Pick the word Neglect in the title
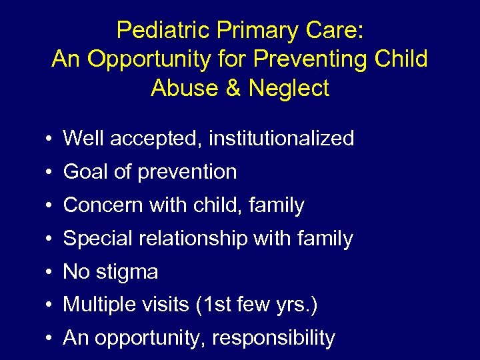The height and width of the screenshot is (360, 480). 288,88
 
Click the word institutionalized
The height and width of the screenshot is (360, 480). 281,139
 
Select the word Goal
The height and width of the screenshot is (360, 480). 86,172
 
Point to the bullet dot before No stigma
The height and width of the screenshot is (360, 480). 50,273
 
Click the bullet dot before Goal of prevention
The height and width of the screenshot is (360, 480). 50,173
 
